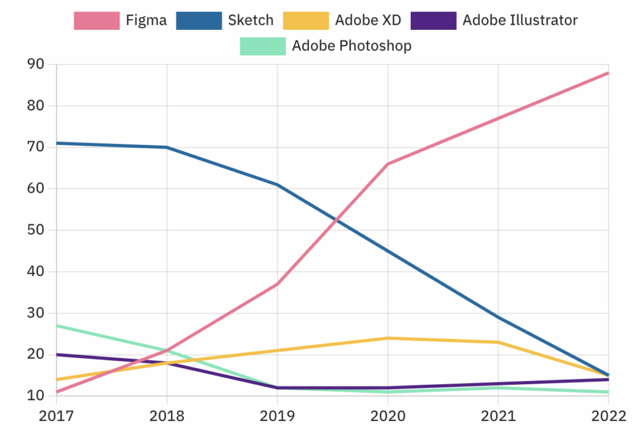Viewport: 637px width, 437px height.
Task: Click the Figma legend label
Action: tap(146, 20)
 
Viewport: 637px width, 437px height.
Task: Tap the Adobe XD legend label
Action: tap(368, 20)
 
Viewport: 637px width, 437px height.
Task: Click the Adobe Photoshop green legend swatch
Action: tap(262, 46)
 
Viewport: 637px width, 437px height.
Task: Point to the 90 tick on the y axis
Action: tap(35, 64)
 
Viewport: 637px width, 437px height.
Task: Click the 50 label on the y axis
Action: tap(35, 230)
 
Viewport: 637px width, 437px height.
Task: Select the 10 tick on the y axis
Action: tap(35, 396)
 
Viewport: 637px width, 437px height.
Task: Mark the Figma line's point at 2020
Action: tap(388, 164)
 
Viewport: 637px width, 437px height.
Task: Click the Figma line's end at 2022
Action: tap(609, 73)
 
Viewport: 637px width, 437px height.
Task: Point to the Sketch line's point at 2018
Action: tap(167, 147)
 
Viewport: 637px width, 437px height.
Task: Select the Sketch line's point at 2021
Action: tap(498, 317)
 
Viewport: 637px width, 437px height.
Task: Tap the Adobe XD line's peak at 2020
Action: tap(388, 338)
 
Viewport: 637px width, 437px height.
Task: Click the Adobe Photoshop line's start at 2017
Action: tap(57, 326)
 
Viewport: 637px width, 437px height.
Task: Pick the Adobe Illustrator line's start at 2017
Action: tap(57, 354)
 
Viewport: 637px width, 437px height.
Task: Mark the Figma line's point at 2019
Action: tap(277, 284)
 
